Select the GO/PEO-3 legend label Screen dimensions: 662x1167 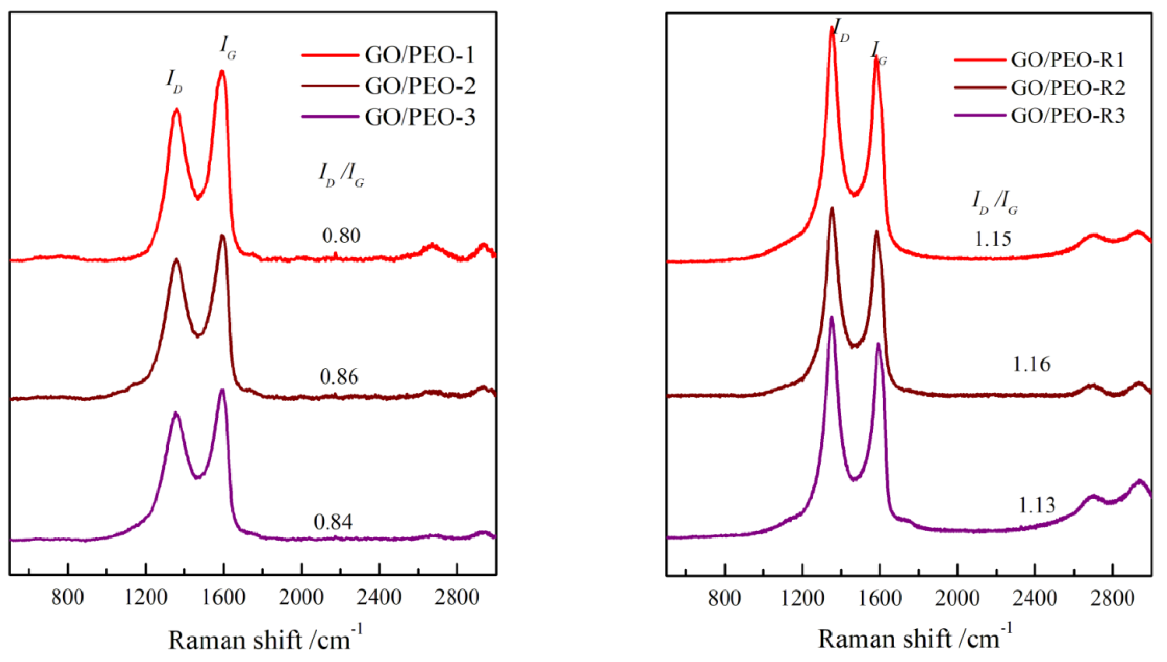coord(419,117)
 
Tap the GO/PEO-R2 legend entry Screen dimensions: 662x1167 coord(1068,88)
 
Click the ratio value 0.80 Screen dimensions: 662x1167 coord(341,236)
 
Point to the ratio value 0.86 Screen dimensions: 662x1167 coord(339,376)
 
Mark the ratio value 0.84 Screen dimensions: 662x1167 coord(333,522)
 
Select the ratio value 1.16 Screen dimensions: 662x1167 coord(1031,364)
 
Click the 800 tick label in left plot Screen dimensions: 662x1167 coord(68,597)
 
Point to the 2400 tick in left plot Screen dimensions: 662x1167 coord(379,597)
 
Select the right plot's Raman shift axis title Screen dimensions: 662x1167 coord(915,638)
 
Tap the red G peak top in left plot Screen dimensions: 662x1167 coord(222,71)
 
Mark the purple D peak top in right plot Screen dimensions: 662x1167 coord(832,318)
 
